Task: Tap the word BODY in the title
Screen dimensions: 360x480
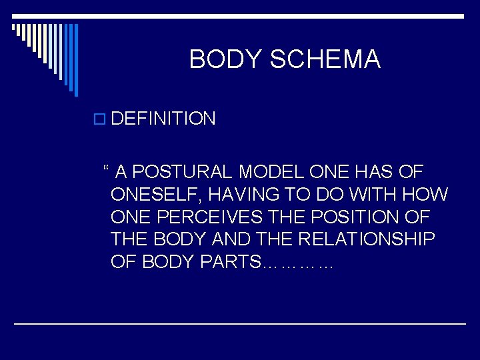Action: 226,60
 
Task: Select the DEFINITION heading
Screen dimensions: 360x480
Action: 163,119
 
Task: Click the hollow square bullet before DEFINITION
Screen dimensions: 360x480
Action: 100,120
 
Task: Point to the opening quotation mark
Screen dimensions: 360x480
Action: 107,169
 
